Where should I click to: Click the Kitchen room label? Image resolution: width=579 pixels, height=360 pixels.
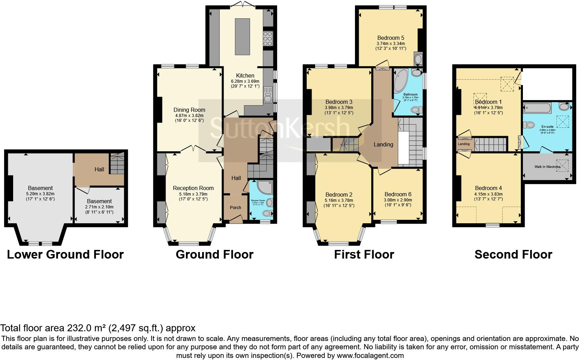tap(245, 75)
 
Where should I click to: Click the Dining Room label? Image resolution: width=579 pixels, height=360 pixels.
tap(189, 110)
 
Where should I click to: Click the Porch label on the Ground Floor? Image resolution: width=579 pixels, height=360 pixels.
tap(235, 208)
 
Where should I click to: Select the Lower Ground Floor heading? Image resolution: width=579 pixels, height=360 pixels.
tap(65, 255)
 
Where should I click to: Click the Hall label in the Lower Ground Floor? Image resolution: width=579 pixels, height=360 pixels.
tap(99, 170)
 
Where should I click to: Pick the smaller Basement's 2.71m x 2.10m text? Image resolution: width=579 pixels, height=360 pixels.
tap(99, 207)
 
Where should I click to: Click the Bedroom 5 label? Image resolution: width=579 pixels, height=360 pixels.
tap(391, 38)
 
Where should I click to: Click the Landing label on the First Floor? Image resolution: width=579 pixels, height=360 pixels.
tap(383, 144)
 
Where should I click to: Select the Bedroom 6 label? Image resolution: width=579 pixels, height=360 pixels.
tap(398, 195)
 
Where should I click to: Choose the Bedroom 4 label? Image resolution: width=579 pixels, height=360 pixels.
tap(488, 188)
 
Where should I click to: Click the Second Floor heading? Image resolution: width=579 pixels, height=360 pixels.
tap(513, 255)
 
